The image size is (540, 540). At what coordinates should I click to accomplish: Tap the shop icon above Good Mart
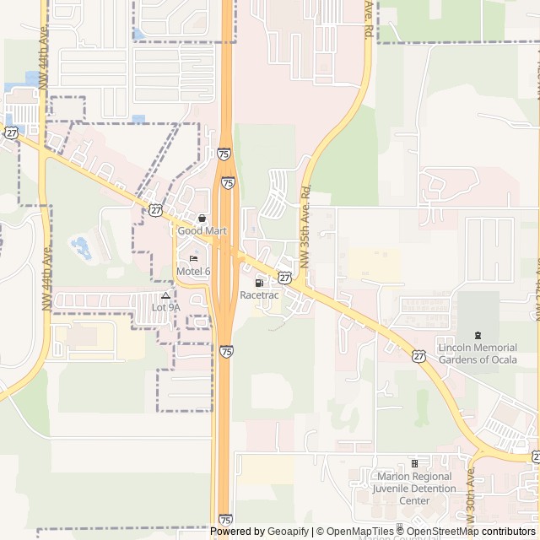202,218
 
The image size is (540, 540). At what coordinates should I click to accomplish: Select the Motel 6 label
193,271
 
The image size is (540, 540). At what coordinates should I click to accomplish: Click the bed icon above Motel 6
193,258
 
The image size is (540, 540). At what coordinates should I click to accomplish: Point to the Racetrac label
257,295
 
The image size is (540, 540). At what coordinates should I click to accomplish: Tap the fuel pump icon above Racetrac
258,283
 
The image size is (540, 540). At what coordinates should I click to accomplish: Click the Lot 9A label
165,308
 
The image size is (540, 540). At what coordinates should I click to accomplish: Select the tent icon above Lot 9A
165,295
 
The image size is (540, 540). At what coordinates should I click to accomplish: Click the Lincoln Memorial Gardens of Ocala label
478,354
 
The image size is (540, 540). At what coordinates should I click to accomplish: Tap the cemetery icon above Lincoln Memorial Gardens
478,336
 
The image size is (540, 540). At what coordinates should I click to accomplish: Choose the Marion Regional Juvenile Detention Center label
414,489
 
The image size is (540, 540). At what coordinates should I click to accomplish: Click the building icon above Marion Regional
414,463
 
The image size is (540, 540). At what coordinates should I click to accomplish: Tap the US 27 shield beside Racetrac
285,277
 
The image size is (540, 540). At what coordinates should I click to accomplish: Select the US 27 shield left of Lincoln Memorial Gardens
419,356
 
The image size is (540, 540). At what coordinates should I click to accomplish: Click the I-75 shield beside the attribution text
224,520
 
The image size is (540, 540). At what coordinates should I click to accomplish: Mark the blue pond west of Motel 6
81,247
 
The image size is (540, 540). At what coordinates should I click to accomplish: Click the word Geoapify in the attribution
288,532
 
